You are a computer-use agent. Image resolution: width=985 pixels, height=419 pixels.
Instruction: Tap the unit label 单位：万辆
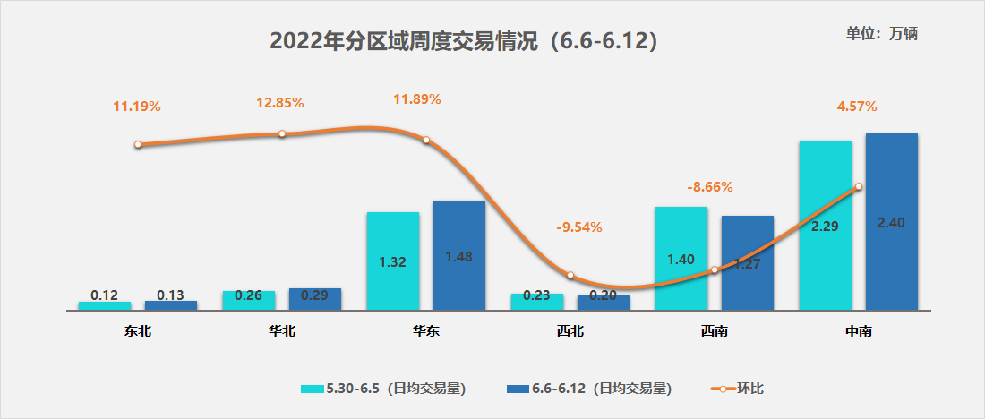click(882, 34)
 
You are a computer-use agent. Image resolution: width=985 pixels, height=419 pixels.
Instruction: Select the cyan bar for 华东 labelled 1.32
click(393, 261)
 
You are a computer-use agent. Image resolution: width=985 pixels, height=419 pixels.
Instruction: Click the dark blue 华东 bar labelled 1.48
click(458, 255)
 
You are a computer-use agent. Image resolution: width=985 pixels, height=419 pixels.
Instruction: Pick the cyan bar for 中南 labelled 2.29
click(825, 226)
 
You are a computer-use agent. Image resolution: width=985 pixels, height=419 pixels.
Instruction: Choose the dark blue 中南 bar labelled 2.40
click(891, 222)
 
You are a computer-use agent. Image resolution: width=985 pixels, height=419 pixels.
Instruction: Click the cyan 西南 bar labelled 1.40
click(681, 259)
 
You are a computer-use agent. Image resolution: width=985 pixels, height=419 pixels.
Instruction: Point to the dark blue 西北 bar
click(604, 303)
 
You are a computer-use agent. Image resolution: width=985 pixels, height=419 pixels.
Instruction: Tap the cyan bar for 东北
click(105, 305)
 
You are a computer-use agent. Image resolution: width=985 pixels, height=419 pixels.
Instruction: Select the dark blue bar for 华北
click(315, 299)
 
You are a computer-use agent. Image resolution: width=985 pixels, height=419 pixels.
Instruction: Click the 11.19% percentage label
click(136, 107)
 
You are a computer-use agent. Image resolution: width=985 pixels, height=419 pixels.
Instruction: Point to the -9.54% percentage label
click(579, 227)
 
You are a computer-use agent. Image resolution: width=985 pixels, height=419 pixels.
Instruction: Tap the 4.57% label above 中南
click(857, 107)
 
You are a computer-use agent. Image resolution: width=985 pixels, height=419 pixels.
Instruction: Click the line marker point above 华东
click(426, 140)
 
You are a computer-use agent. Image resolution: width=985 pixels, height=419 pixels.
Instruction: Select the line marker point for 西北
click(570, 275)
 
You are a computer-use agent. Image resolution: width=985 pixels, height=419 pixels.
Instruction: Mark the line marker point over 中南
click(859, 187)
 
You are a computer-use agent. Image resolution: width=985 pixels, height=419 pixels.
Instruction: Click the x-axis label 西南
click(714, 331)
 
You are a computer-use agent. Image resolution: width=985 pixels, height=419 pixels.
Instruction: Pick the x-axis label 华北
click(281, 331)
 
